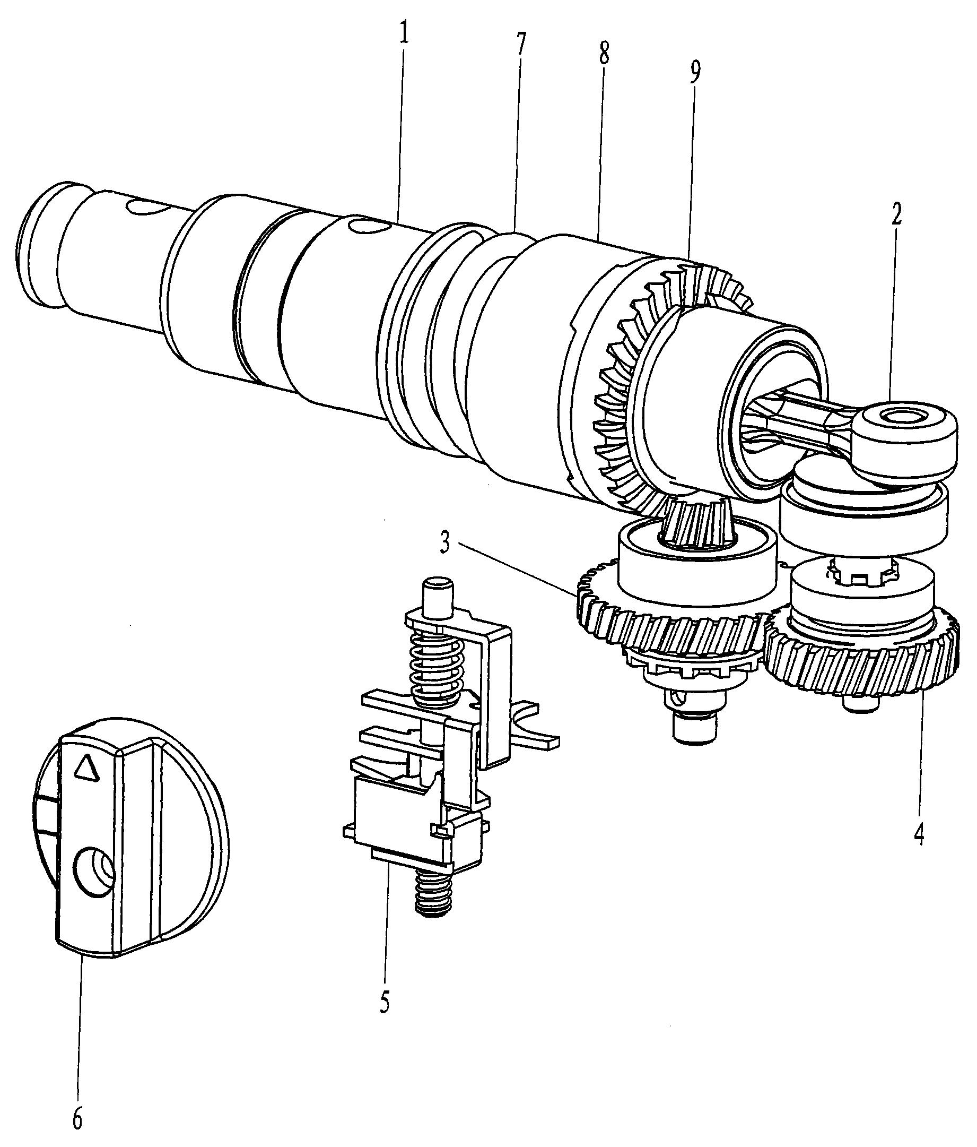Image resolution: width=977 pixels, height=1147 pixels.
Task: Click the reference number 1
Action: point(404,35)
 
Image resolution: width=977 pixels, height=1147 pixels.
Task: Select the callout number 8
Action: point(604,54)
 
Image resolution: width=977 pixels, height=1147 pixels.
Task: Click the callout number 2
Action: point(896,214)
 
